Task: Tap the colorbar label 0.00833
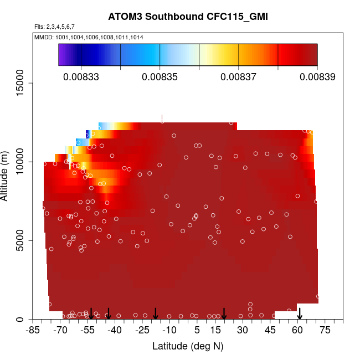pos(81,77)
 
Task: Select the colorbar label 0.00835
pos(160,77)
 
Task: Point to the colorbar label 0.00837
pos(238,77)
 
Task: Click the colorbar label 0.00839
pos(317,77)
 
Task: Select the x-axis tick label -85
pos(34,331)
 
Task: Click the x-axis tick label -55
pos(88,331)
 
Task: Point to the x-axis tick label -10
pos(169,331)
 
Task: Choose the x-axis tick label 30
pos(242,331)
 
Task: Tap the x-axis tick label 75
pos(325,331)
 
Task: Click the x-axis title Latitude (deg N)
pos(188,346)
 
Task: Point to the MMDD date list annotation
pos(89,37)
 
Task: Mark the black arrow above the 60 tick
pos(300,313)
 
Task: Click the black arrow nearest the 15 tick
pos(224,313)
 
